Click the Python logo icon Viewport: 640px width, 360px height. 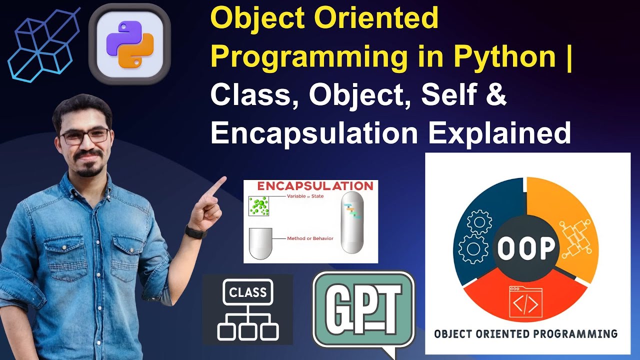(129, 43)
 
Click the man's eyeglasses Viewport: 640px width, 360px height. (84, 136)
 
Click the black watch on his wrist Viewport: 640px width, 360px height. (195, 231)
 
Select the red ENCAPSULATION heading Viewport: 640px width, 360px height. (315, 186)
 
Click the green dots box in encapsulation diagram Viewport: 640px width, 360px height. (259, 206)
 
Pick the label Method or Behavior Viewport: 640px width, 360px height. (310, 238)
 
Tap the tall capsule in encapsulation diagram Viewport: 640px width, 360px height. (352, 223)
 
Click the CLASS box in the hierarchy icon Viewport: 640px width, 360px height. (247, 292)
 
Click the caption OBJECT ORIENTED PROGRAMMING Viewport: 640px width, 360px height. (525, 333)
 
